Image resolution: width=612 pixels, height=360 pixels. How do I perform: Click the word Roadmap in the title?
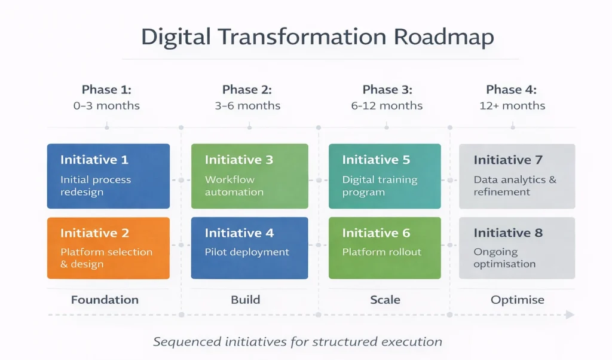pos(444,37)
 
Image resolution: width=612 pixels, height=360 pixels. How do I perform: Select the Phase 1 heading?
pos(106,90)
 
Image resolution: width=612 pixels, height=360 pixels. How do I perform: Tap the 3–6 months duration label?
pos(247,106)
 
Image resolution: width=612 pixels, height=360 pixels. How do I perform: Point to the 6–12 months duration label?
pos(387,106)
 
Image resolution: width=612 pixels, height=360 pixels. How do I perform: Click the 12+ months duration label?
pos(512,106)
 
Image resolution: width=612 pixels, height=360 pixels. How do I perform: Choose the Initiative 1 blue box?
pos(108,176)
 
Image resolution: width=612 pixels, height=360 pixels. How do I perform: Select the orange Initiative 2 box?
pos(108,248)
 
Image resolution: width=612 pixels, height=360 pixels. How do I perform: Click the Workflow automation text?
pos(234,186)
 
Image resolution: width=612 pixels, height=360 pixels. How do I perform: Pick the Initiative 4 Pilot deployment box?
pos(249,248)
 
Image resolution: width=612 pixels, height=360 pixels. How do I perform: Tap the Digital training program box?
pos(385,176)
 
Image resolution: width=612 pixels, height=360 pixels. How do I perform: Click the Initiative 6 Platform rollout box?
pos(385,248)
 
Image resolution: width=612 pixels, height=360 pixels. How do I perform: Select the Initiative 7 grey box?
pos(516,176)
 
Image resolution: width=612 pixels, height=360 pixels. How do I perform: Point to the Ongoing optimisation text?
pos(504,258)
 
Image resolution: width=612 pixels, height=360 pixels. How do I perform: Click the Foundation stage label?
pos(105,300)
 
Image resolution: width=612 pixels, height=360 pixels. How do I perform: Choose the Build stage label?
pos(246,300)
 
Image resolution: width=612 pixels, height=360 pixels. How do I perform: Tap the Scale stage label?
pos(385,300)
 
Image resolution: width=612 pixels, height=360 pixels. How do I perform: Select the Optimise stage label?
pos(518,300)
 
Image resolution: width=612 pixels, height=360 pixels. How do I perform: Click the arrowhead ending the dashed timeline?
pos(570,315)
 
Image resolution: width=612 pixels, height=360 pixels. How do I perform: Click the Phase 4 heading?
pos(512,90)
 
